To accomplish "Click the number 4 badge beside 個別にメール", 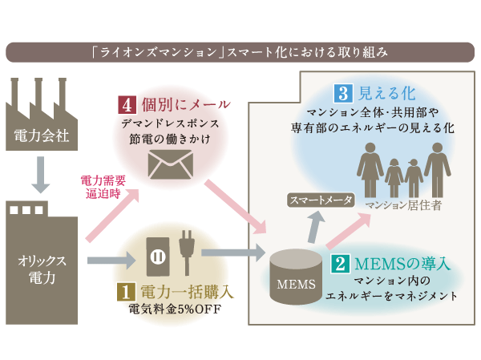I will (127, 105).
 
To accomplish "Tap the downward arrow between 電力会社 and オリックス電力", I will (38, 179).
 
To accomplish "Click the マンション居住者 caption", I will (402, 204).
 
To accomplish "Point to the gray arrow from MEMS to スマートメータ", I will (318, 228).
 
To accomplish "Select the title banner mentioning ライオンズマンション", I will (240, 53).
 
